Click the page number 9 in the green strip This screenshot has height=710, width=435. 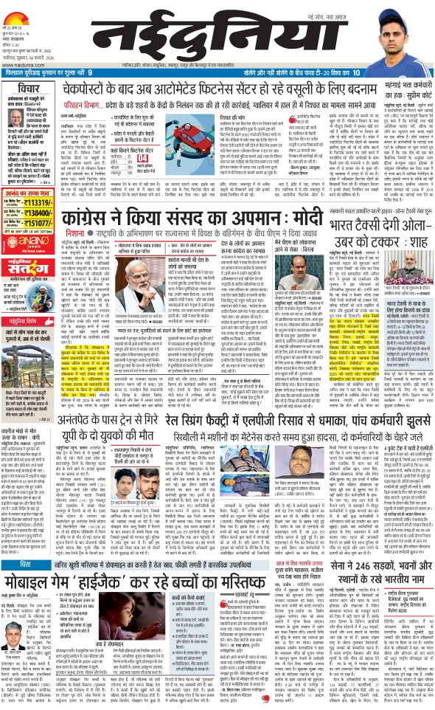tap(90, 72)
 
